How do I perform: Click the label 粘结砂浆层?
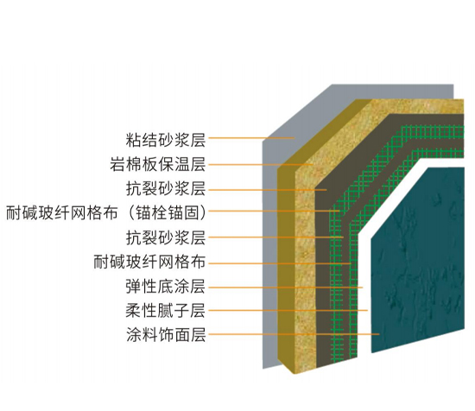coord(166,140)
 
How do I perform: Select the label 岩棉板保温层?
coord(158,164)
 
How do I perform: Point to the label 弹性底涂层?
coord(166,287)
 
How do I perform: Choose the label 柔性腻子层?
coord(166,311)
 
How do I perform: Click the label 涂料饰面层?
coord(166,335)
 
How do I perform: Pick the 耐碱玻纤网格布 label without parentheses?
coord(149,262)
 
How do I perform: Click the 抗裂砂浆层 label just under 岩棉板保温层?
coord(166,188)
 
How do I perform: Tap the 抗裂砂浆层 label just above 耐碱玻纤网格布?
coord(166,237)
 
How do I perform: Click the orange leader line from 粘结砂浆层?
coord(251,138)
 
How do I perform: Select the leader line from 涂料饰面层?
coord(294,334)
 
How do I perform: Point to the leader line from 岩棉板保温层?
coord(261,165)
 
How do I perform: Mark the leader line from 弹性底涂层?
coord(286,288)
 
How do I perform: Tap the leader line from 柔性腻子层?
coord(288,310)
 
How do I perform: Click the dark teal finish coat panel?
coord(418,261)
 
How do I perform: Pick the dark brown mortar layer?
coord(322,273)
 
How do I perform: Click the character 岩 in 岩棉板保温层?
coord(117,164)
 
